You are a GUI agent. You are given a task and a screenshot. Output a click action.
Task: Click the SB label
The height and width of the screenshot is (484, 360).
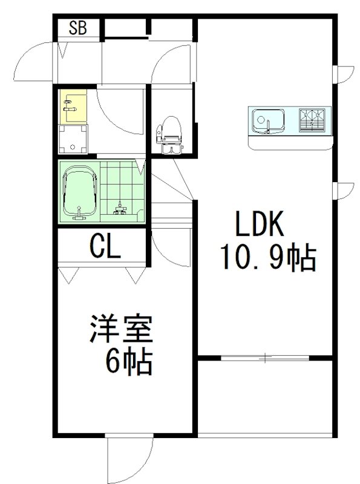click(77, 28)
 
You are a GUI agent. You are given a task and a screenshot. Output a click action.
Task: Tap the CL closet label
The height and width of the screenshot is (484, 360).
click(105, 246)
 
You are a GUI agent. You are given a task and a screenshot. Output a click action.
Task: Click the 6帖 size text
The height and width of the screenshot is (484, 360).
click(129, 363)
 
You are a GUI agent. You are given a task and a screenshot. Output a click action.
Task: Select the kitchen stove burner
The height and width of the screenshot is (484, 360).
click(313, 120)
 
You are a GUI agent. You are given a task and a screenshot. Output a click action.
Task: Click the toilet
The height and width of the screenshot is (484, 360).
click(169, 135)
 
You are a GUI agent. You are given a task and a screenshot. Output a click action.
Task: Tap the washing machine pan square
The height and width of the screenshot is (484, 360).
click(73, 140)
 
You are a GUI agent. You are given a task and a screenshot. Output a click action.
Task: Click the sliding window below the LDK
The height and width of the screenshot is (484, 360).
click(265, 359)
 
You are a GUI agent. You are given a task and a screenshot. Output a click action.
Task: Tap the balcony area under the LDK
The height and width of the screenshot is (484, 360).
click(265, 396)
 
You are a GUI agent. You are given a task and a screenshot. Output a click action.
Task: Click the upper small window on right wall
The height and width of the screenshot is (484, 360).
click(341, 74)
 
